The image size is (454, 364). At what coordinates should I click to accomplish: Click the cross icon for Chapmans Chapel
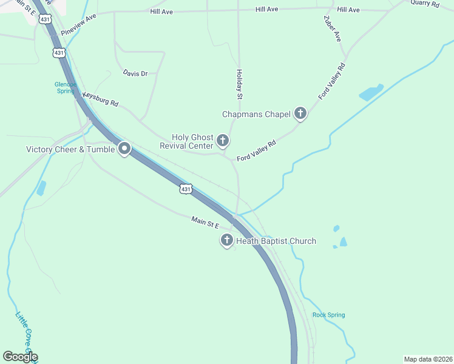[x=300, y=113]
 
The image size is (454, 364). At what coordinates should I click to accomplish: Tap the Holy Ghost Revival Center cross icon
[x=223, y=141]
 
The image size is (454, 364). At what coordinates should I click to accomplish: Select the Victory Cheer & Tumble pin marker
[x=124, y=149]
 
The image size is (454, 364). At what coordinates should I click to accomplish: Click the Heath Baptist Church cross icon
[x=227, y=241]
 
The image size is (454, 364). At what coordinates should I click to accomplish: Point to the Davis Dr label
[x=135, y=73]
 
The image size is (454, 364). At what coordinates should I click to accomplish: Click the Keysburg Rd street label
[x=100, y=99]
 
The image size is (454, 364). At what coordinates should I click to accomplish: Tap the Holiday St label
[x=239, y=84]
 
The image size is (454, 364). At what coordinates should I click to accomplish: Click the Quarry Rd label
[x=424, y=3]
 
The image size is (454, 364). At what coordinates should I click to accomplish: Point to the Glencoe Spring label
[x=64, y=87]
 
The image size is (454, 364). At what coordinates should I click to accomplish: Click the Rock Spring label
[x=328, y=315]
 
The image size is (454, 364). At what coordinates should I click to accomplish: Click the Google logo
[x=20, y=357]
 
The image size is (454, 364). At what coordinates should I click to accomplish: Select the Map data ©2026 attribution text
[x=427, y=359]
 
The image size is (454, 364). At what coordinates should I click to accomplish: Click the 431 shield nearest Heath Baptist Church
[x=186, y=189]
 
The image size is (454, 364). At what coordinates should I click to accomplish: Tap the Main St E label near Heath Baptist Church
[x=205, y=223]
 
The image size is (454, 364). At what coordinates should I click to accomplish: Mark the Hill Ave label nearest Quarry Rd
[x=348, y=10]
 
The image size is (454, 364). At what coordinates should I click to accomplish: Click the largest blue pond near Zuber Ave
[x=371, y=93]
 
